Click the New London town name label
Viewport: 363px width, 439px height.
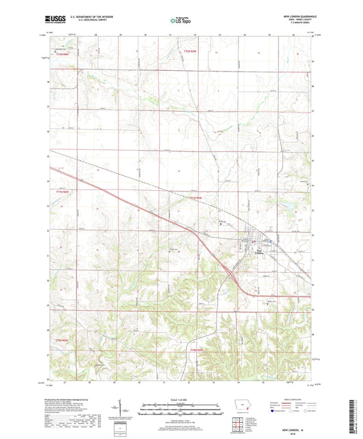(249, 249)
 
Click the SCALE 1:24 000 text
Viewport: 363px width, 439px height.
(180, 400)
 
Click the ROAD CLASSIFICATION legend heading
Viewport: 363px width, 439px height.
(291, 402)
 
